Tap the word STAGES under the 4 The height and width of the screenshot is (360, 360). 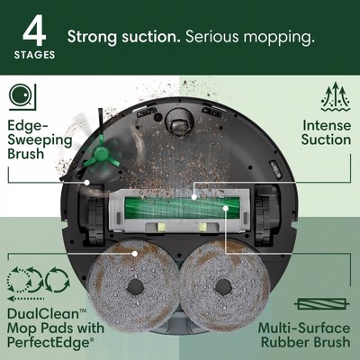[33, 55]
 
